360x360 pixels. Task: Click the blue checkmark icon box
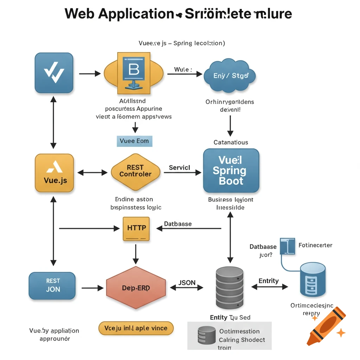(54, 73)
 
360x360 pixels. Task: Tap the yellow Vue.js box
(54, 173)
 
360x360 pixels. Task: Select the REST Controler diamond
(135, 171)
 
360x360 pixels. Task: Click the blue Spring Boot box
(231, 171)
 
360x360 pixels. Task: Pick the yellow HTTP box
(136, 229)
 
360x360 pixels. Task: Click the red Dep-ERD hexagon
(136, 288)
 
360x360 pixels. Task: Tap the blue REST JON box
(52, 285)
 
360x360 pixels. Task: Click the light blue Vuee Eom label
(134, 141)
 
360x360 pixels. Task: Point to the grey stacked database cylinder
(229, 287)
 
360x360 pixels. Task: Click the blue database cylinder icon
(313, 279)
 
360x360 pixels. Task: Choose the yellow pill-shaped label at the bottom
(136, 328)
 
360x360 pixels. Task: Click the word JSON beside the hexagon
(187, 283)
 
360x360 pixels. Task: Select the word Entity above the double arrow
(269, 281)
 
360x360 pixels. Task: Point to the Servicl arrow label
(179, 168)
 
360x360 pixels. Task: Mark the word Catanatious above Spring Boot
(231, 142)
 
